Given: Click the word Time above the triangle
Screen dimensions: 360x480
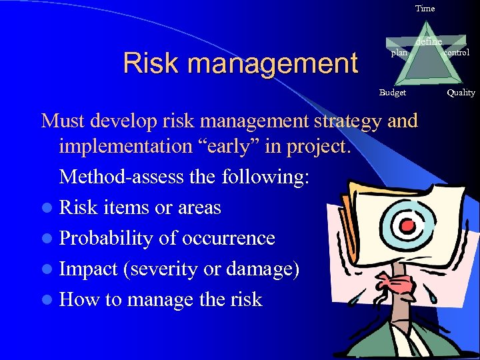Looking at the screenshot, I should click(x=425, y=9).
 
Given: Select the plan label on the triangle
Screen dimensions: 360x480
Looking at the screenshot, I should click(x=399, y=53).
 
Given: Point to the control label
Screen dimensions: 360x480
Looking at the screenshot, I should click(x=456, y=53).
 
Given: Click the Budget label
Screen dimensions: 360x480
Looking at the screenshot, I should click(x=392, y=93).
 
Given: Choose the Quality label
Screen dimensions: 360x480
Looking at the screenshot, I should click(x=461, y=93).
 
